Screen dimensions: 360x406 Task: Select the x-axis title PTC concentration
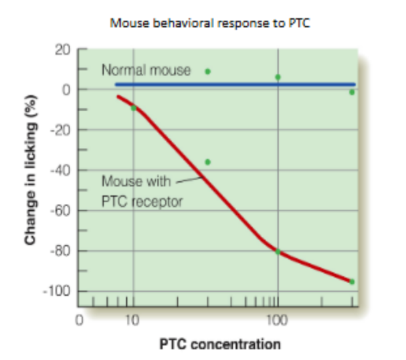pos(220,345)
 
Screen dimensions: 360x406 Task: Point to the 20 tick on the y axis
pos(64,50)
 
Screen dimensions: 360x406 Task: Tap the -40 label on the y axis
pos(62,171)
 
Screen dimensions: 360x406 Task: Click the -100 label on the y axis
pos(59,292)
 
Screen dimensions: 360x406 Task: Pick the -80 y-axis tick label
pos(62,252)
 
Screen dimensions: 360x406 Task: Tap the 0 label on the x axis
pos(78,321)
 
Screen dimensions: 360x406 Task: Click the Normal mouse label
pos(146,69)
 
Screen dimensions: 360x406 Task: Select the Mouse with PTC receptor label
pos(141,191)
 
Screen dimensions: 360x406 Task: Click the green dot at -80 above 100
pos(278,252)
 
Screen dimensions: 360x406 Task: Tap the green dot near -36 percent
pos(207,162)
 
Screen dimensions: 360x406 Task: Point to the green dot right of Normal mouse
pos(207,71)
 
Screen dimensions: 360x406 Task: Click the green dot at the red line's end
pos(352,282)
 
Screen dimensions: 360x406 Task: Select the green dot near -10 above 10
pos(134,108)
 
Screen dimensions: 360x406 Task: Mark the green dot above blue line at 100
pos(278,77)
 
